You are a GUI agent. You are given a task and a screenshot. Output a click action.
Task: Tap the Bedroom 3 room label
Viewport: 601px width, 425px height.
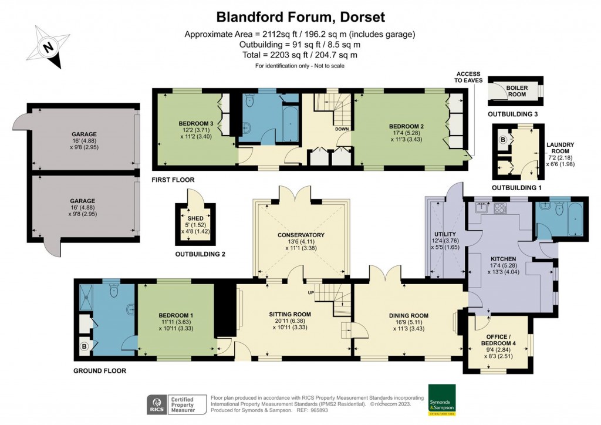(x=196, y=123)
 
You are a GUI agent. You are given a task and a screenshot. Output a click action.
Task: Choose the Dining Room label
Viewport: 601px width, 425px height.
(x=407, y=315)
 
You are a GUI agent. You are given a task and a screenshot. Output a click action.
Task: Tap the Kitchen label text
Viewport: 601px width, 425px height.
(x=503, y=258)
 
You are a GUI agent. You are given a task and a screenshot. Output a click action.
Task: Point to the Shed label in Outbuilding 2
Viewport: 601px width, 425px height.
(x=196, y=218)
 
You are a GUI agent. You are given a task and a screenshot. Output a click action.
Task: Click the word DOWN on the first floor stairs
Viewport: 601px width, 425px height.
(x=342, y=129)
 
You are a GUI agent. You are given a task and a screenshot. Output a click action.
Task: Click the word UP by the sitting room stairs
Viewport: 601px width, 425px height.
(x=312, y=292)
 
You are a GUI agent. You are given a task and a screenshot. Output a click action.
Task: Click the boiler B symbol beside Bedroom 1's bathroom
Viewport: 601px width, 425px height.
(x=85, y=347)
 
